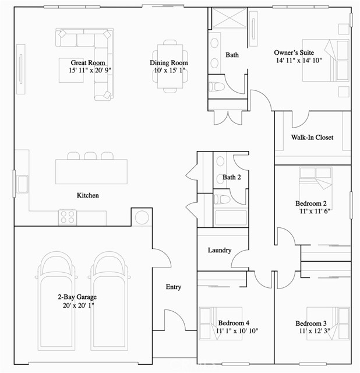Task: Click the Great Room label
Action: pos(87,62)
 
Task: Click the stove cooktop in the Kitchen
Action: pos(68,217)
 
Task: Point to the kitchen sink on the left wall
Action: pos(22,183)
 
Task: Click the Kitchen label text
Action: pos(88,195)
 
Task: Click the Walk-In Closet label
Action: pos(312,138)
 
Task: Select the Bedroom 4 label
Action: pos(234,323)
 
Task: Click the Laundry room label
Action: pos(220,251)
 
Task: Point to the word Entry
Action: pos(174,287)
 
